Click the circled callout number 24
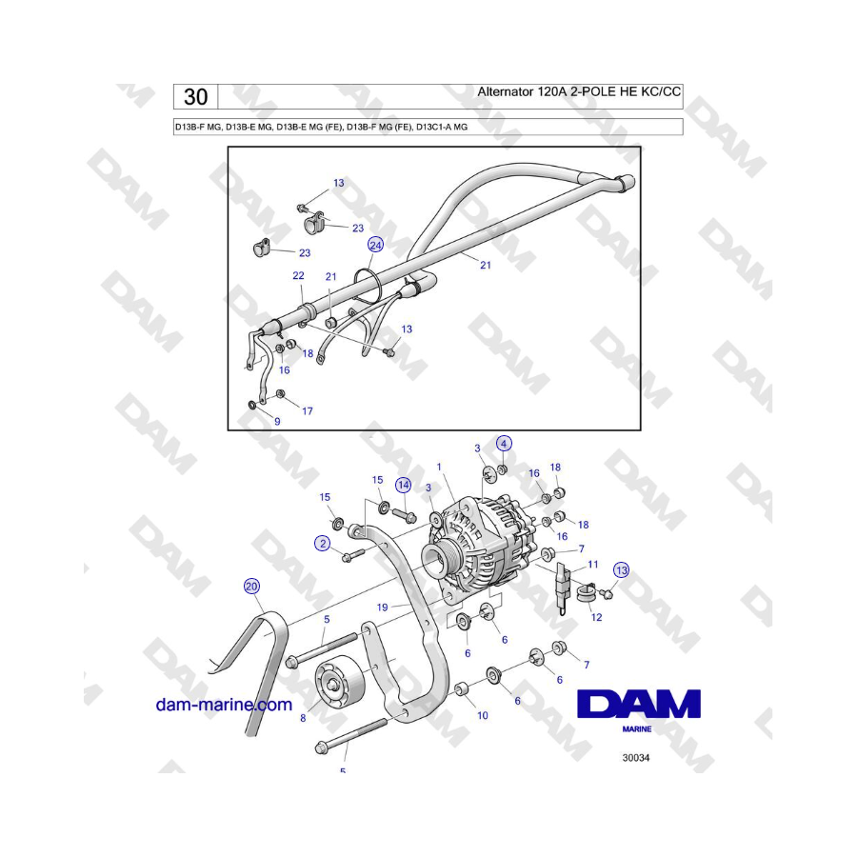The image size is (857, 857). [375, 245]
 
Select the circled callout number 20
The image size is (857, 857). [251, 587]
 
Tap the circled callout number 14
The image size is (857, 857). [404, 485]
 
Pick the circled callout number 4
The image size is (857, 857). [504, 443]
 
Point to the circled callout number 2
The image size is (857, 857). [323, 544]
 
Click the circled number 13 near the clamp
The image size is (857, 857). [622, 570]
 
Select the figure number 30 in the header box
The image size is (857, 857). [195, 97]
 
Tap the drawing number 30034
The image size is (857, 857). [636, 758]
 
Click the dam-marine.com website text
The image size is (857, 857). [224, 705]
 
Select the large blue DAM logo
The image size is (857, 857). [639, 704]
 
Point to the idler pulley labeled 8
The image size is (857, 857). [339, 683]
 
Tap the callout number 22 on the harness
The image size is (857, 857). [298, 275]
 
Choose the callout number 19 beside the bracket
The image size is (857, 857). [383, 608]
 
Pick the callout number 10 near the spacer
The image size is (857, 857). [483, 715]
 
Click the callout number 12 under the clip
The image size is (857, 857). [596, 617]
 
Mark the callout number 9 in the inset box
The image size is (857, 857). [277, 422]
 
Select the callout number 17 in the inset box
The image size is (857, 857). [308, 411]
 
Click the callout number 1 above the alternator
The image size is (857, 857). [439, 467]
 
